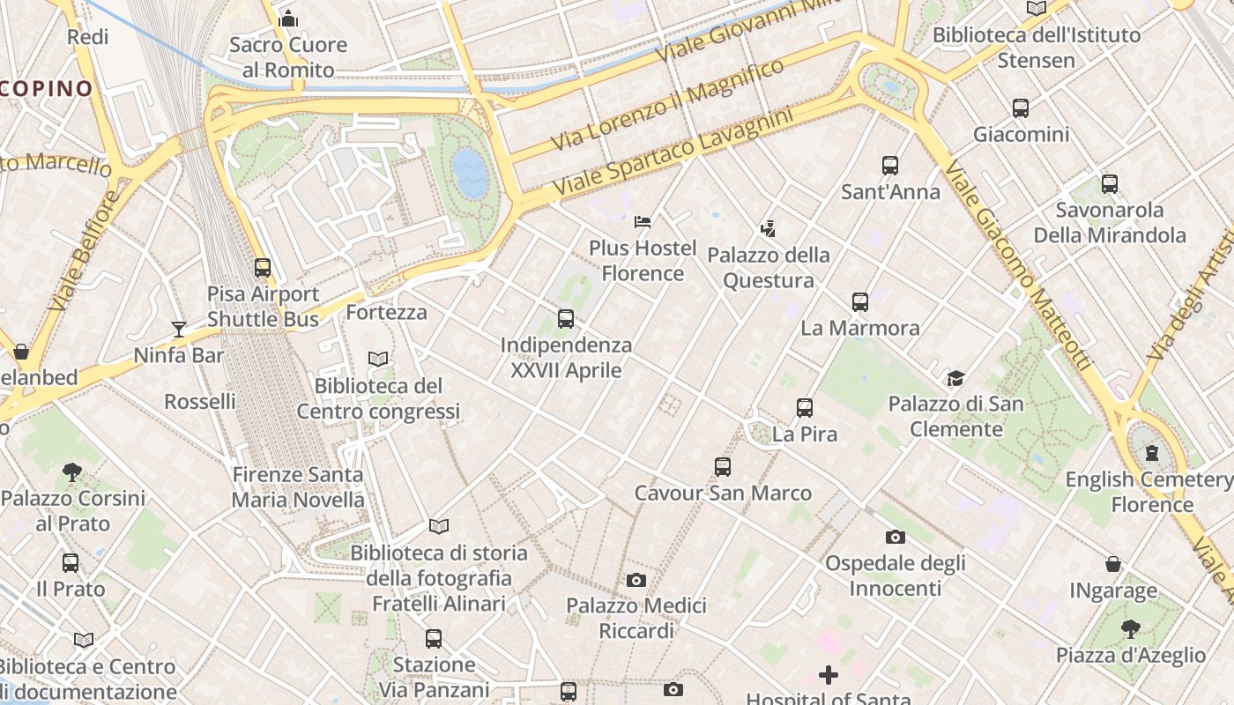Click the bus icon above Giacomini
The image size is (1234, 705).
[x=1020, y=108]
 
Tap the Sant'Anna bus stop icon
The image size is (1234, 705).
[x=890, y=166]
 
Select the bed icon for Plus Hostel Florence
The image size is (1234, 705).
[x=643, y=221]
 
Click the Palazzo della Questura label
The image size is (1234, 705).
[x=769, y=268]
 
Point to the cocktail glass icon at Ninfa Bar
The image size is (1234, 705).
[x=179, y=330]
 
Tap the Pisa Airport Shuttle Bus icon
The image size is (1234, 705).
[x=263, y=268]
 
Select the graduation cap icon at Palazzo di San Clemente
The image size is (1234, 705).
[x=955, y=378]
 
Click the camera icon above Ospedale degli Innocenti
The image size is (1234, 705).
[x=895, y=537]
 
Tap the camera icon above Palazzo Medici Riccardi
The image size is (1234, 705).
[x=636, y=580]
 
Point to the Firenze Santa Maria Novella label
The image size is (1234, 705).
[x=297, y=487]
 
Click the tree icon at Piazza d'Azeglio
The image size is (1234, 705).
[x=1130, y=629]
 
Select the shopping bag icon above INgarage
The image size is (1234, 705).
[x=1113, y=564]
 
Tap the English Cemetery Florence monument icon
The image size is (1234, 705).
[x=1151, y=453]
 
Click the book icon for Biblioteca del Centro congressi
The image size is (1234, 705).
[x=378, y=360]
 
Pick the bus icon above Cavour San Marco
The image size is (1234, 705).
[x=723, y=467]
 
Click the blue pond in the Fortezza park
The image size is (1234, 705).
[x=470, y=172]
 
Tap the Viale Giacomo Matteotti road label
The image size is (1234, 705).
[x=1019, y=264]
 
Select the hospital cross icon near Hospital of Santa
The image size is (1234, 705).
[x=829, y=675]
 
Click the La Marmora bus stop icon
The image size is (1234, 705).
[x=860, y=302]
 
